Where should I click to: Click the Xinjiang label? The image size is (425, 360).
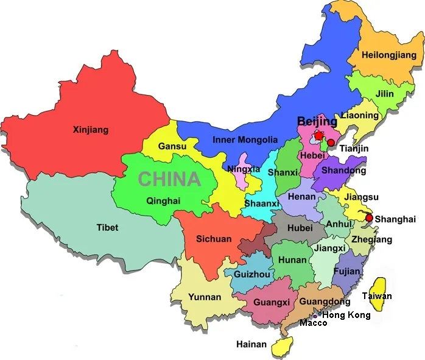(90, 129)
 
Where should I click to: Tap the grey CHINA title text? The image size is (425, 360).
(169, 179)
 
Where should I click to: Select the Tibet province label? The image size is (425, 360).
(107, 228)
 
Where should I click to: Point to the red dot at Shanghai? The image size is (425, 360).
(369, 217)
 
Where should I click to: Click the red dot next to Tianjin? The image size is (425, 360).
(331, 143)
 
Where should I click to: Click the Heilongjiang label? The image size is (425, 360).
(389, 55)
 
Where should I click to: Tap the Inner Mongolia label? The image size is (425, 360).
(245, 139)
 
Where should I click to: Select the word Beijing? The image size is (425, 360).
(317, 121)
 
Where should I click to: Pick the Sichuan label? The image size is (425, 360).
(213, 239)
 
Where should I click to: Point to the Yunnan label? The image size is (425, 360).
(205, 297)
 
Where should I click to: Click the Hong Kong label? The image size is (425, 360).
(346, 315)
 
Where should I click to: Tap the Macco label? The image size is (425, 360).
(313, 323)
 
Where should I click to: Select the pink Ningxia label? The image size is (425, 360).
(244, 169)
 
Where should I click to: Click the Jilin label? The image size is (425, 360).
(384, 94)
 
